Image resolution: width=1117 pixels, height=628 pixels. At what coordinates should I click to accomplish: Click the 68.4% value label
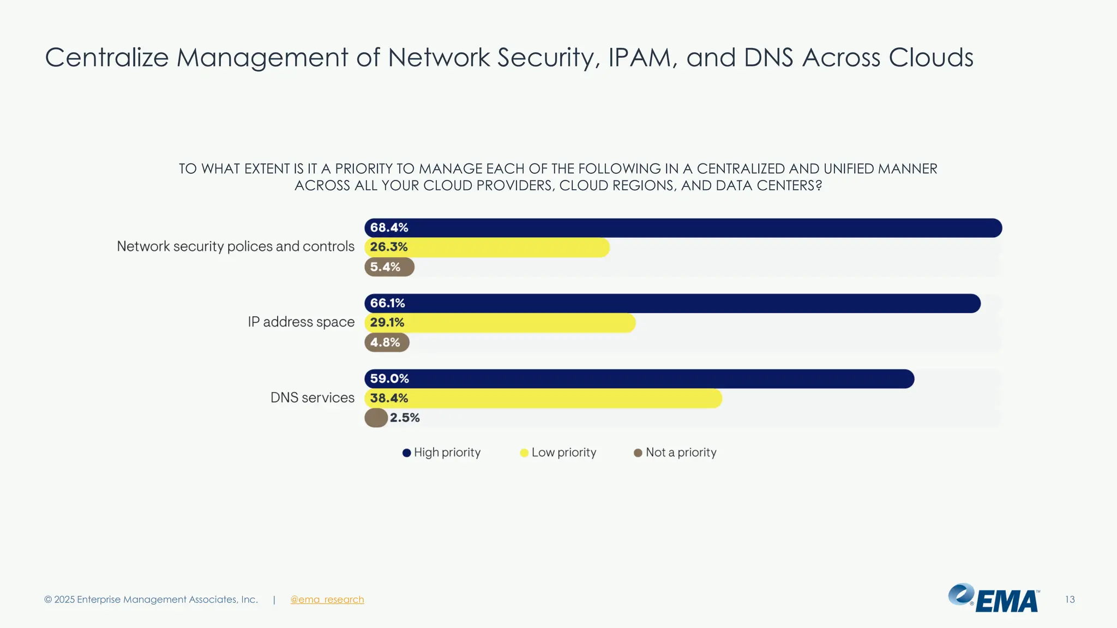pyautogui.click(x=389, y=228)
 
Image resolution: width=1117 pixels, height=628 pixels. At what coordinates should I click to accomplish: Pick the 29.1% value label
pyautogui.click(x=387, y=323)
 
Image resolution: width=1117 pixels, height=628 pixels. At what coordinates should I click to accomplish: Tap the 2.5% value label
pyautogui.click(x=405, y=418)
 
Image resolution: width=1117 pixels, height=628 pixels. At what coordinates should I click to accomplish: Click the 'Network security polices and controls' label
pyautogui.click(x=236, y=246)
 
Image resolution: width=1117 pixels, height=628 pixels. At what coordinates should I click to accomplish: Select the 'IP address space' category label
pyautogui.click(x=301, y=322)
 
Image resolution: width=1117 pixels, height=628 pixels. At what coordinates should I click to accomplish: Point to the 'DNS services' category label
pyautogui.click(x=313, y=398)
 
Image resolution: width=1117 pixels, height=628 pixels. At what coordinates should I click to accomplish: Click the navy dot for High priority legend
pyautogui.click(x=406, y=453)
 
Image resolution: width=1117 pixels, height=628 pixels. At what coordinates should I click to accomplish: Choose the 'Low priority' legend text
pyautogui.click(x=564, y=452)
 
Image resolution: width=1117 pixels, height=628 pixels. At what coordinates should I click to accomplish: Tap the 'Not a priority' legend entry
pyautogui.click(x=681, y=452)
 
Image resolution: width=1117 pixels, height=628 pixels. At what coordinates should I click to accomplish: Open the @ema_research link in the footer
pyautogui.click(x=327, y=600)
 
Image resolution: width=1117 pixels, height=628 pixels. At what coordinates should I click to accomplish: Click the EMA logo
pyautogui.click(x=994, y=599)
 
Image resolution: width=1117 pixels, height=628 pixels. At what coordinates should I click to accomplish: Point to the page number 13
pyautogui.click(x=1070, y=600)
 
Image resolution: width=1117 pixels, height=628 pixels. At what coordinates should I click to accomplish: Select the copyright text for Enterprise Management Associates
pyautogui.click(x=151, y=600)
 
